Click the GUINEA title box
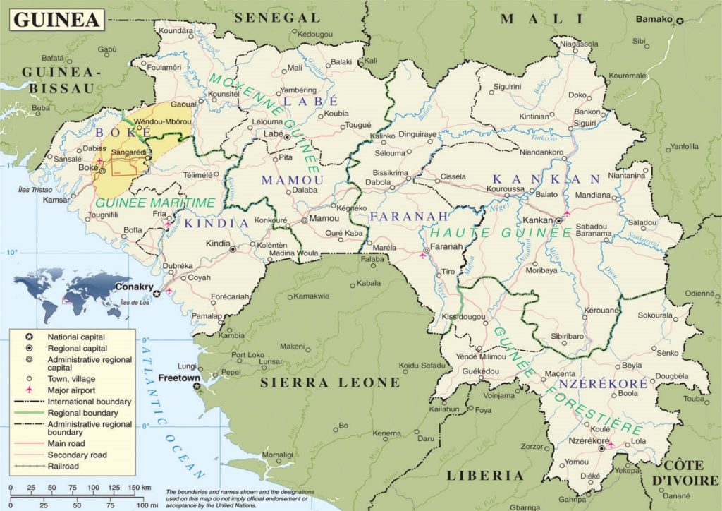(x=56, y=19)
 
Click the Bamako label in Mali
(x=654, y=19)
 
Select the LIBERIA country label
(x=485, y=476)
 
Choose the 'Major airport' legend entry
(x=71, y=390)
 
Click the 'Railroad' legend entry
(x=63, y=466)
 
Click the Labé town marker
(x=288, y=136)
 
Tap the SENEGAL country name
(x=278, y=17)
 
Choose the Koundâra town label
(x=176, y=31)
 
